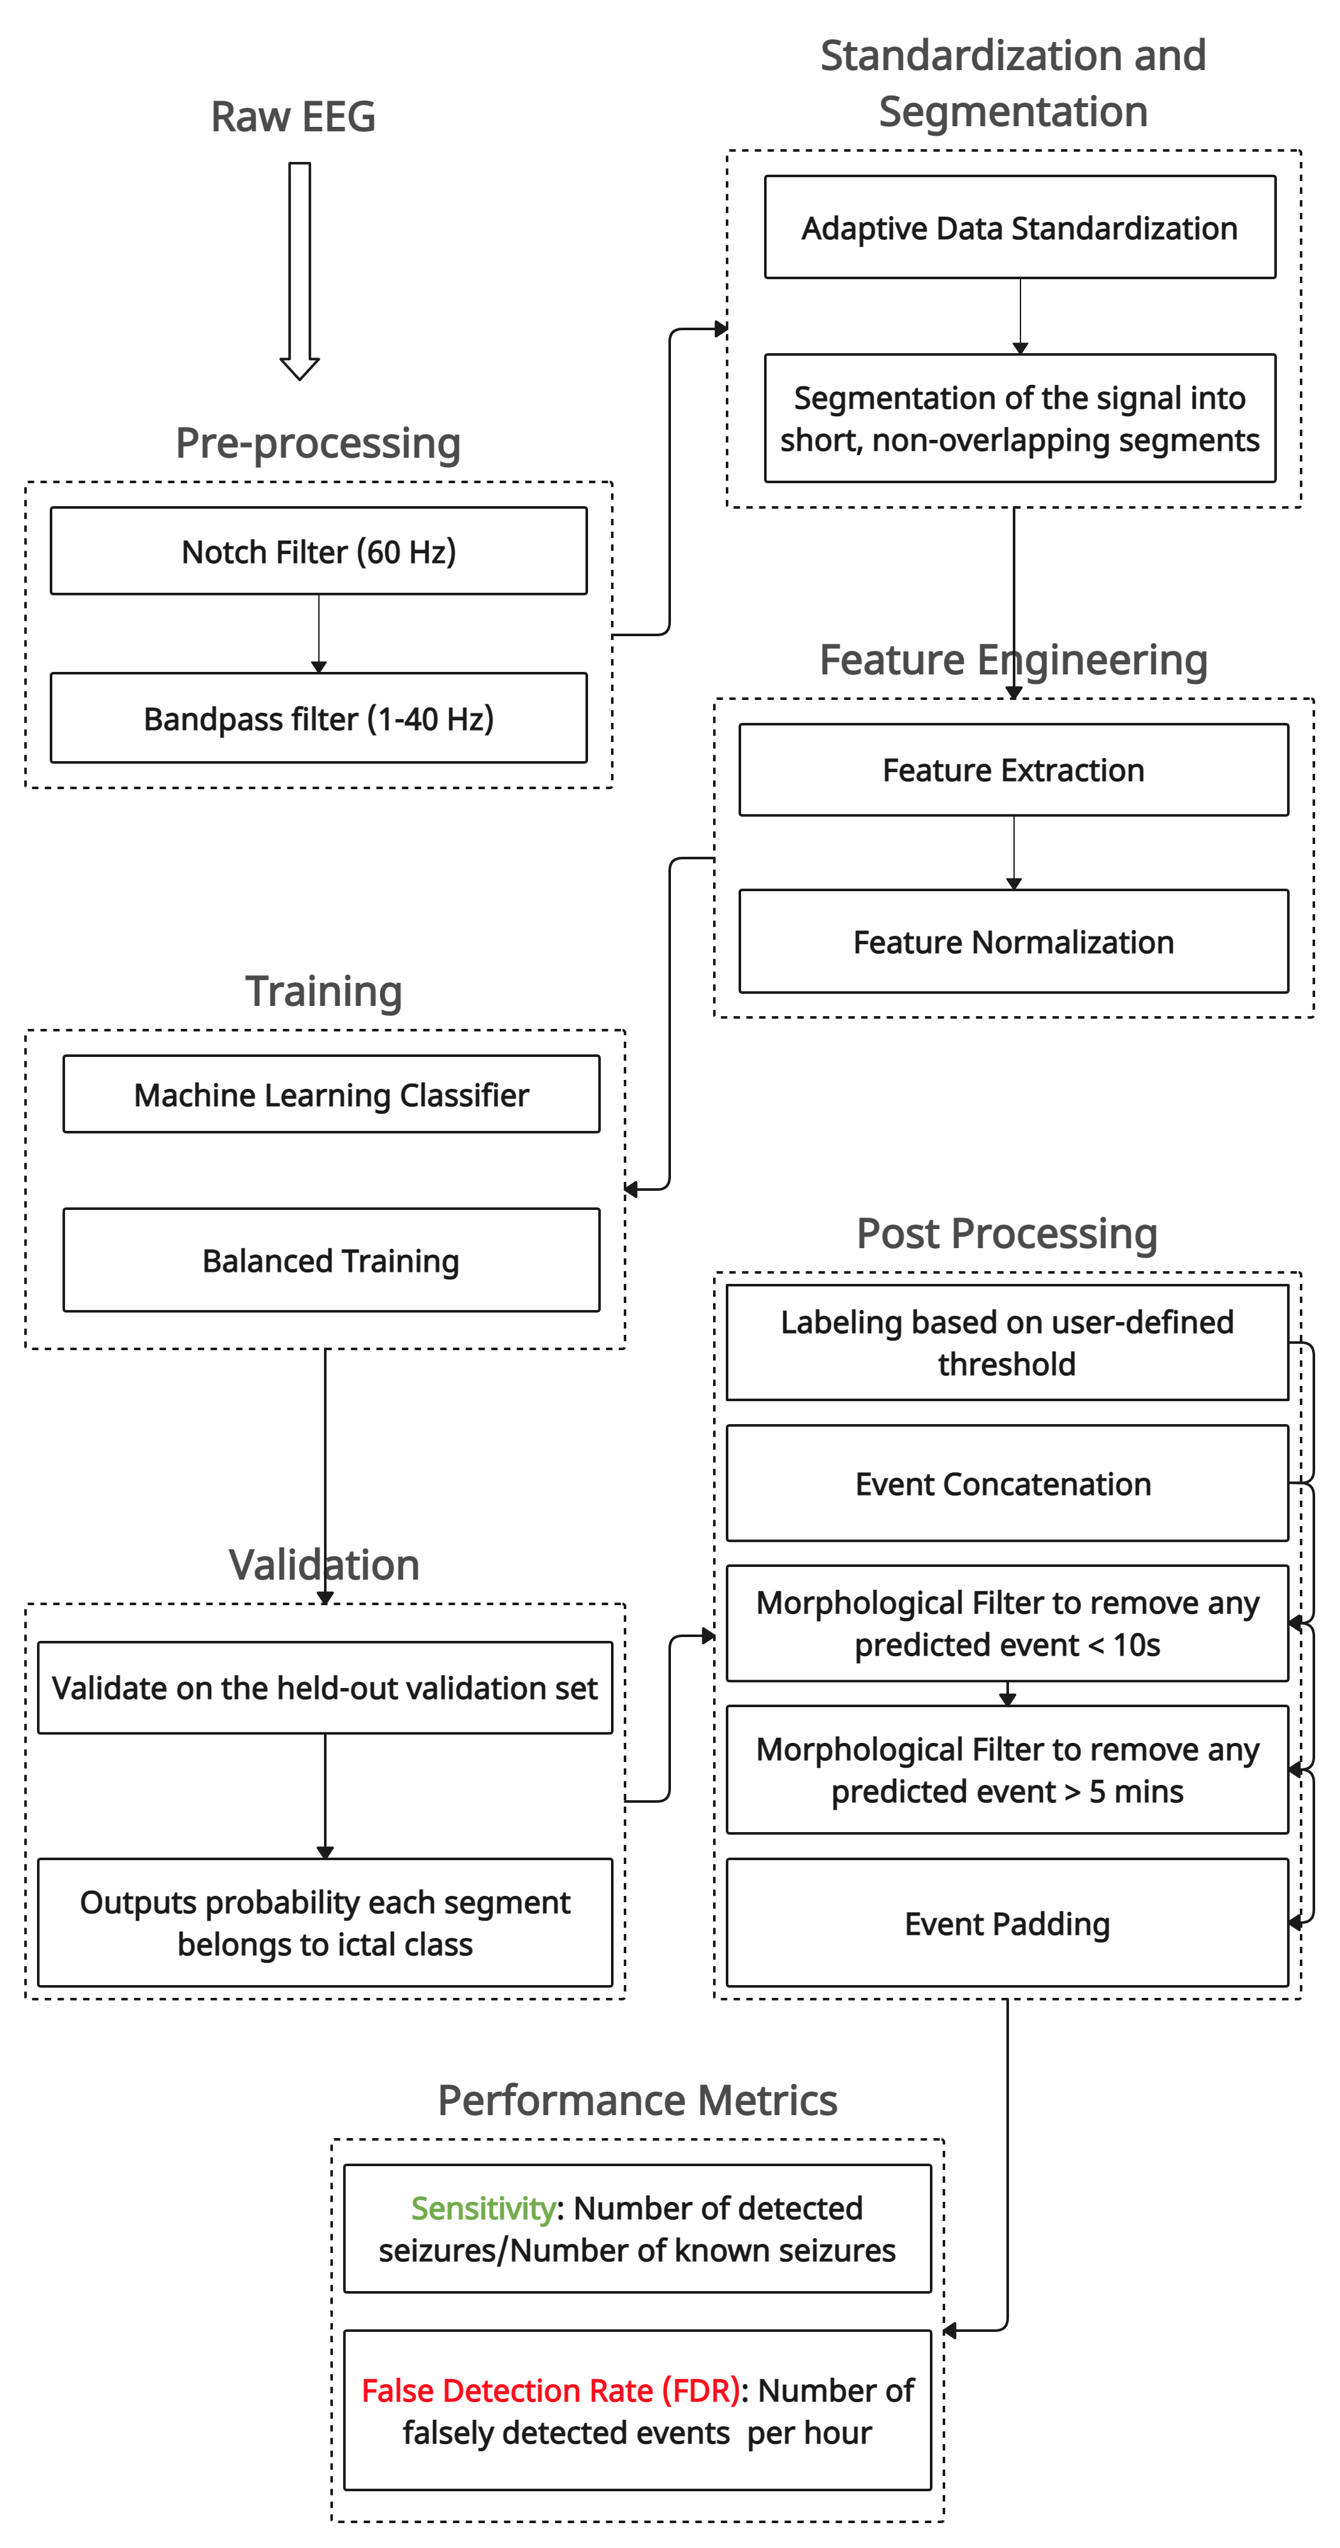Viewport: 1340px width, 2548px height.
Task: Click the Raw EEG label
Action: coord(293,117)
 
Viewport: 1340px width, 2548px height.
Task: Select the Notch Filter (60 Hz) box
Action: coord(319,551)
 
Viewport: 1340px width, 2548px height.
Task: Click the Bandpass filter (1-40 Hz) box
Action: coord(319,718)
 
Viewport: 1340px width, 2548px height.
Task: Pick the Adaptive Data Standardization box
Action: coord(1019,228)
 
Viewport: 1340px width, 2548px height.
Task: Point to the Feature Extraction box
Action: coord(1013,769)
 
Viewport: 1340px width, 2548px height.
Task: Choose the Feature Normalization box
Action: coord(1013,942)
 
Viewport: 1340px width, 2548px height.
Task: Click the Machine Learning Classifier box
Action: coord(332,1094)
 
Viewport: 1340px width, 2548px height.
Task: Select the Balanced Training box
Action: coord(332,1260)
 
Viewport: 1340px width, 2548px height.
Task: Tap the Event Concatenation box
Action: coord(1006,1483)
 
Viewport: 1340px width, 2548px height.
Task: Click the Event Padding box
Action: coord(1006,1923)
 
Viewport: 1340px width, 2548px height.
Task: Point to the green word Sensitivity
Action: coord(483,2208)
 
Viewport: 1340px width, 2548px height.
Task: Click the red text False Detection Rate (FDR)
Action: coord(550,2390)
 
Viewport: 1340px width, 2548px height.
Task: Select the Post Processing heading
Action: coord(1006,1234)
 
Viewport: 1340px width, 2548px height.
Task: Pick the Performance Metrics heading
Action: coord(637,2100)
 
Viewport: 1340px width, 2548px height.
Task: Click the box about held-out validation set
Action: coord(325,1687)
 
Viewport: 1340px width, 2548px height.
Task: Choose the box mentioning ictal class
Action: coord(325,1923)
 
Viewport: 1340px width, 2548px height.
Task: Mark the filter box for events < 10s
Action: coord(1006,1623)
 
